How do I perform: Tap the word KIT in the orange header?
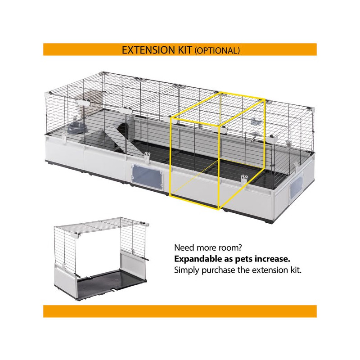[x=184, y=50]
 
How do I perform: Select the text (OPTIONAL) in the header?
[x=217, y=50]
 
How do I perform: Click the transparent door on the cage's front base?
[x=147, y=175]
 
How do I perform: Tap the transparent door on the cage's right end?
[x=297, y=186]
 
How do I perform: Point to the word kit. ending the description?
[x=295, y=270]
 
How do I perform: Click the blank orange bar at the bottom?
[x=180, y=311]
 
